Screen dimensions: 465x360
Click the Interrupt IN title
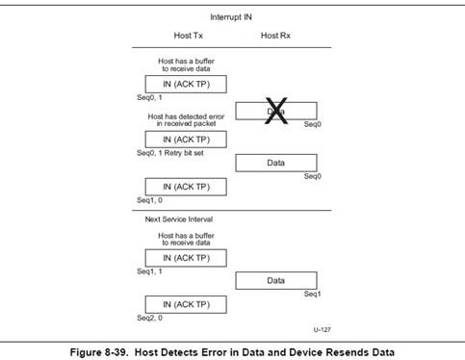tap(231, 17)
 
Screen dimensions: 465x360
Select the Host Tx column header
tap(189, 36)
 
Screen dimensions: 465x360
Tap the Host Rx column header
tap(275, 36)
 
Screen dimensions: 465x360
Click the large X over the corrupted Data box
tap(276, 111)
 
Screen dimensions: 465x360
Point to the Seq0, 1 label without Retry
tap(149, 97)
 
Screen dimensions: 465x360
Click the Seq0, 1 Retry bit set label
tap(170, 153)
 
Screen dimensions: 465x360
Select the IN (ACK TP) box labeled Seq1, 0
tap(186, 187)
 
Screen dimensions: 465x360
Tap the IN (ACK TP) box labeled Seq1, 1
tap(186, 258)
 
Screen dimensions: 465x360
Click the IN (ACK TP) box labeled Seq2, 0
tap(186, 304)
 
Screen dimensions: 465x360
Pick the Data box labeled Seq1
tap(276, 281)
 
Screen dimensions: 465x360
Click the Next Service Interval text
tap(179, 219)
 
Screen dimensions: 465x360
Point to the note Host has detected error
tap(186, 120)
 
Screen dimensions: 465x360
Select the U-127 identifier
tap(322, 329)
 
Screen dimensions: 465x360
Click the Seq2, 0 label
tap(150, 318)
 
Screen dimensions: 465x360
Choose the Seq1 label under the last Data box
tap(312, 294)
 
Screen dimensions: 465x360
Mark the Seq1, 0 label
tap(150, 200)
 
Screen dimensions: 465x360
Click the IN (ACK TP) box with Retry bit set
tap(186, 140)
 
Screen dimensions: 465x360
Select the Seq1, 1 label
tap(149, 271)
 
